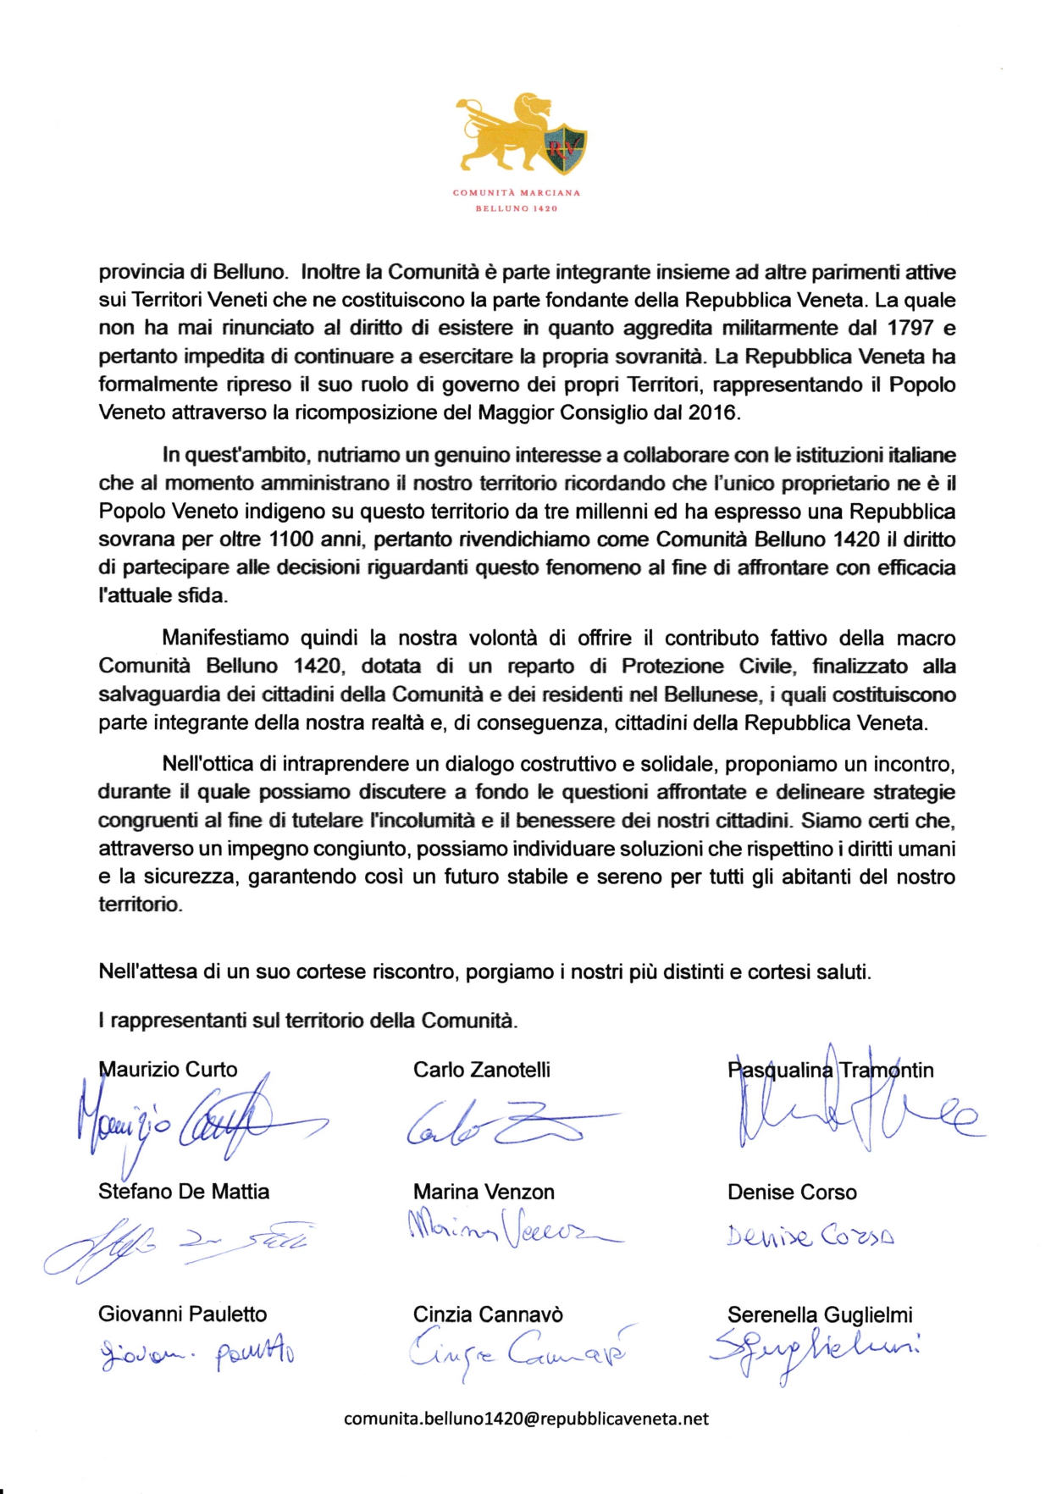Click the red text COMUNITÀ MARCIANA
point(517,192)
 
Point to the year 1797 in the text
point(910,328)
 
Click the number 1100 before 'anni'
point(291,539)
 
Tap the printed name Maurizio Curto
point(168,1070)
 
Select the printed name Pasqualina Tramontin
point(830,1071)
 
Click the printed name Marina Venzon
point(484,1192)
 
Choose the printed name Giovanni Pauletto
point(182,1314)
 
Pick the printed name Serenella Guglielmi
point(820,1314)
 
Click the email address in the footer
point(526,1419)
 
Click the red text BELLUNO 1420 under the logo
point(517,208)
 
